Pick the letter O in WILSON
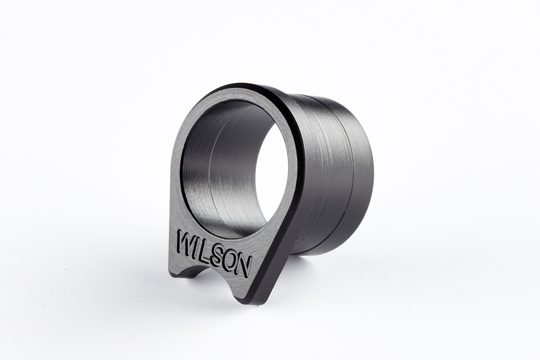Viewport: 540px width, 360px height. [x=230, y=259]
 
